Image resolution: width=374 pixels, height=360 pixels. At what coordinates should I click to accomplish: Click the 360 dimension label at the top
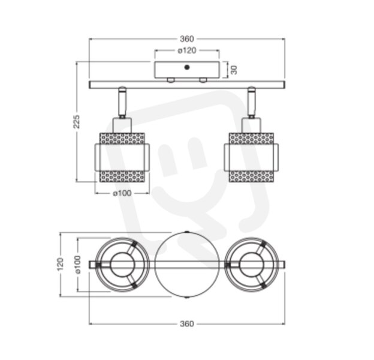pos(187,38)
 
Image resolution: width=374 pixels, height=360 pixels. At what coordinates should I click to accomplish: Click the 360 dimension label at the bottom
pos(187,324)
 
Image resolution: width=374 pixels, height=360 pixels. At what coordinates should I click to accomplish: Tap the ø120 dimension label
pos(187,50)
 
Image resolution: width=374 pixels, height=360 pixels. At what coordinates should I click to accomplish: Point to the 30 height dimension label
pos(234,70)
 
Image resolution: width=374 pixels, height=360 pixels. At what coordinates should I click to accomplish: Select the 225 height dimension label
pos(76,122)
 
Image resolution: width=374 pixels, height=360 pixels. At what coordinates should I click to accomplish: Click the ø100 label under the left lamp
pos(122,193)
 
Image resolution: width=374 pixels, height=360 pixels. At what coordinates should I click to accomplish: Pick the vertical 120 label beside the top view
pos(61,264)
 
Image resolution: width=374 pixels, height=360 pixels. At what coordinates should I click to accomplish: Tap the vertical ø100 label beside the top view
pos(78,264)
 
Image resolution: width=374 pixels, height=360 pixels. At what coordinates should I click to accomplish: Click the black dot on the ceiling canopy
pos(187,67)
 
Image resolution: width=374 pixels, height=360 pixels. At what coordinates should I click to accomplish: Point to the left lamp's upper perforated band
pos(122,139)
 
